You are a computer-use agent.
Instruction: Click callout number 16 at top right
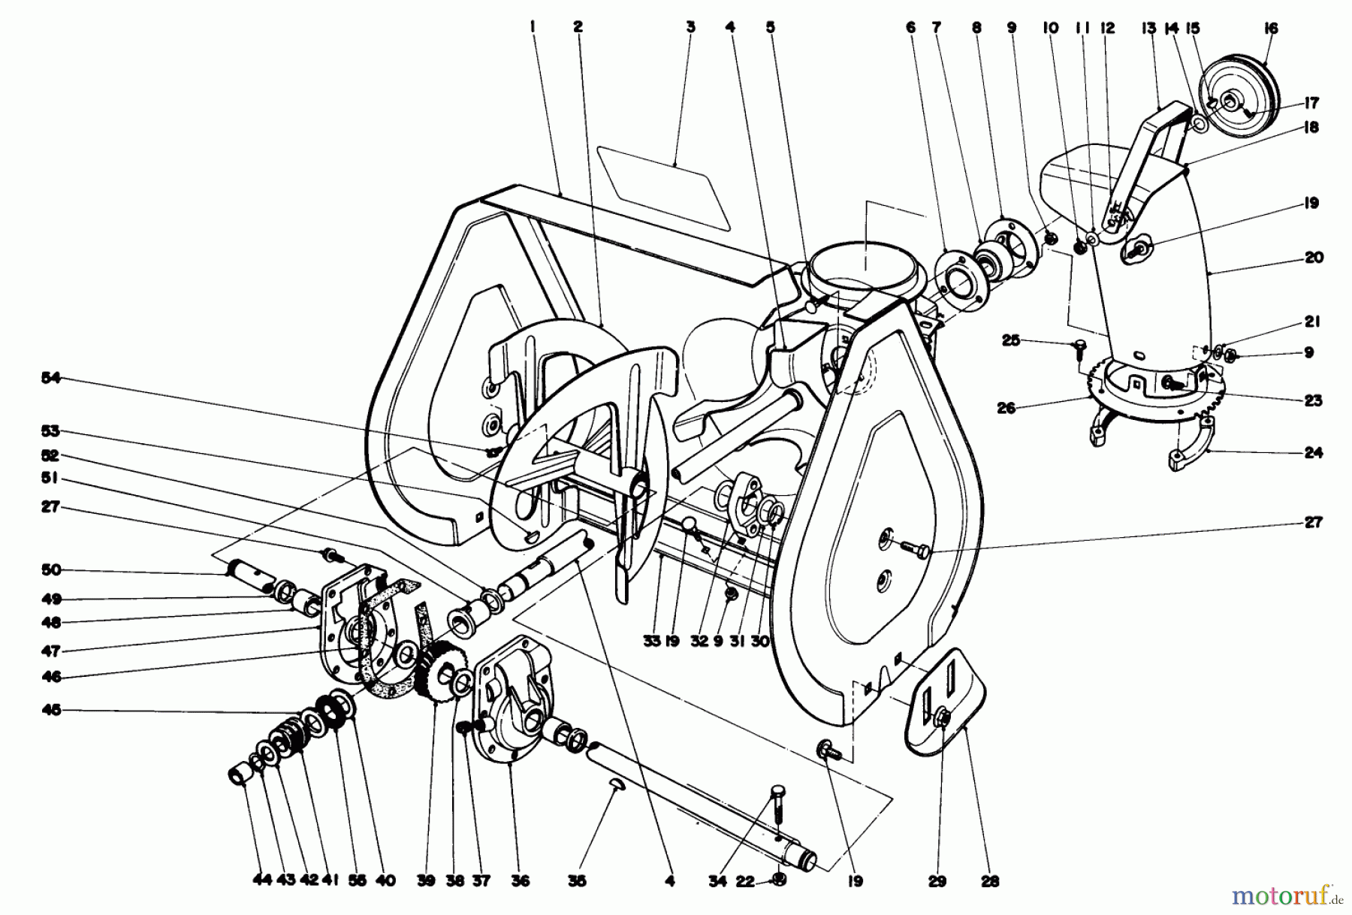tap(1270, 29)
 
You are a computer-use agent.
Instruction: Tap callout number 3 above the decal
tap(690, 28)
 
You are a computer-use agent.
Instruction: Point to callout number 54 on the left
tap(50, 379)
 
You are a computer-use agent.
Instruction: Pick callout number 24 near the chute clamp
tap(1313, 452)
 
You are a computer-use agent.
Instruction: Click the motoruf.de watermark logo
tap(1286, 894)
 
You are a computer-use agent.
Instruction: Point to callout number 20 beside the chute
tap(1313, 258)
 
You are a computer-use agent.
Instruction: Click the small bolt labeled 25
tap(1079, 346)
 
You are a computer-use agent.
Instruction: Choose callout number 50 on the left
tap(50, 571)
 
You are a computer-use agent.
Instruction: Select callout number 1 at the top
tap(532, 28)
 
